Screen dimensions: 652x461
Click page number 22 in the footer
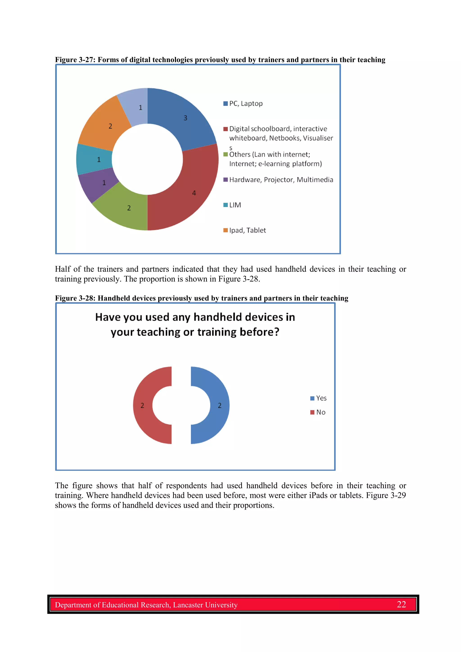point(401,604)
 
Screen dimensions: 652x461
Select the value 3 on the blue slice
point(185,118)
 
